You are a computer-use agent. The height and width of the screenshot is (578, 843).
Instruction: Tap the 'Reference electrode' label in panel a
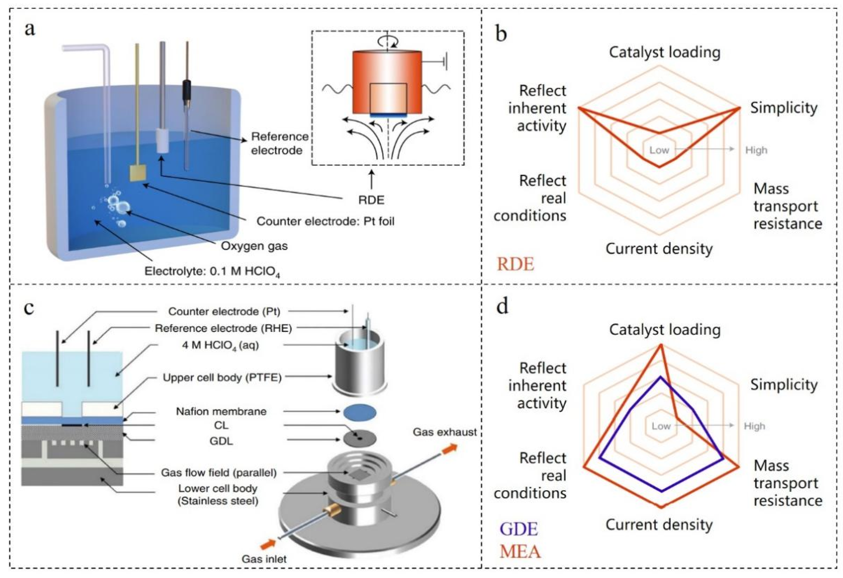point(279,143)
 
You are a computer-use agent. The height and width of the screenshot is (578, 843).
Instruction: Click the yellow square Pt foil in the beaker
point(138,173)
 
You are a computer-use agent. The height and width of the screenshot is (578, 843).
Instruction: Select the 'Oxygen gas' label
point(254,246)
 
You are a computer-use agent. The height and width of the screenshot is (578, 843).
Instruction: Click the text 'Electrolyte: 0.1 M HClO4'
point(212,271)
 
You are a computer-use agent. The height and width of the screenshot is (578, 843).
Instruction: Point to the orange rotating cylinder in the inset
point(387,82)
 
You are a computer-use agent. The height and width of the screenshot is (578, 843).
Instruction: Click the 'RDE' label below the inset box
point(371,200)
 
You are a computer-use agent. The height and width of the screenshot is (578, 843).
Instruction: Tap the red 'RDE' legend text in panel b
point(515,264)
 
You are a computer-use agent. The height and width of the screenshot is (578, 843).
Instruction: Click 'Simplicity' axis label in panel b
point(783,108)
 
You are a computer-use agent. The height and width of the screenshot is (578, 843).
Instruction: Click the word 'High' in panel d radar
point(754,426)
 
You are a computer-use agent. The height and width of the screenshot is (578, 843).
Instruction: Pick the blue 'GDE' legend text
point(519,529)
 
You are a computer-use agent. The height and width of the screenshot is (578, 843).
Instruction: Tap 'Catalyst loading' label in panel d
point(665,330)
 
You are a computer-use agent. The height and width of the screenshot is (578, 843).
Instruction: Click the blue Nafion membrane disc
point(360,413)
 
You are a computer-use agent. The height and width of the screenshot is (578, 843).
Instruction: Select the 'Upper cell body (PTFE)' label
point(222,378)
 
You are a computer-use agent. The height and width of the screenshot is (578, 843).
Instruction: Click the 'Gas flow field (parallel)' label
point(219,473)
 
